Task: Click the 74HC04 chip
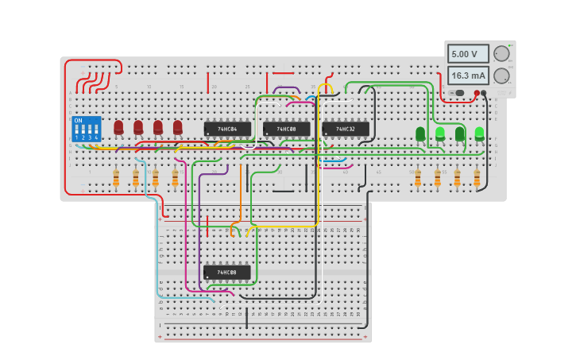click(227, 129)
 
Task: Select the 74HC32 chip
click(346, 129)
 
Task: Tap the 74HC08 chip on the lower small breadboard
click(227, 273)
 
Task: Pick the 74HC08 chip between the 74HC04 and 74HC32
click(286, 129)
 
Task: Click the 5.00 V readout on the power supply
click(468, 54)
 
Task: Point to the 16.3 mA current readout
click(468, 75)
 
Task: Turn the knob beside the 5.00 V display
click(501, 54)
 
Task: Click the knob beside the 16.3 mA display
click(501, 75)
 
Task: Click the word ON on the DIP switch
click(78, 121)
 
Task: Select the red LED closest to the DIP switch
click(118, 127)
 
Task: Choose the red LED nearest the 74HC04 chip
click(178, 127)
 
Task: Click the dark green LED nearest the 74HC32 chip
click(420, 134)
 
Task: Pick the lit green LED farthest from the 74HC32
click(479, 134)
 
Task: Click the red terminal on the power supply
click(477, 93)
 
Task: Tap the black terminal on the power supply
click(484, 93)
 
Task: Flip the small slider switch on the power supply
click(458, 93)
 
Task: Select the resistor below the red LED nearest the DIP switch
click(116, 179)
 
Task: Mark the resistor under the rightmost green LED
click(477, 179)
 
